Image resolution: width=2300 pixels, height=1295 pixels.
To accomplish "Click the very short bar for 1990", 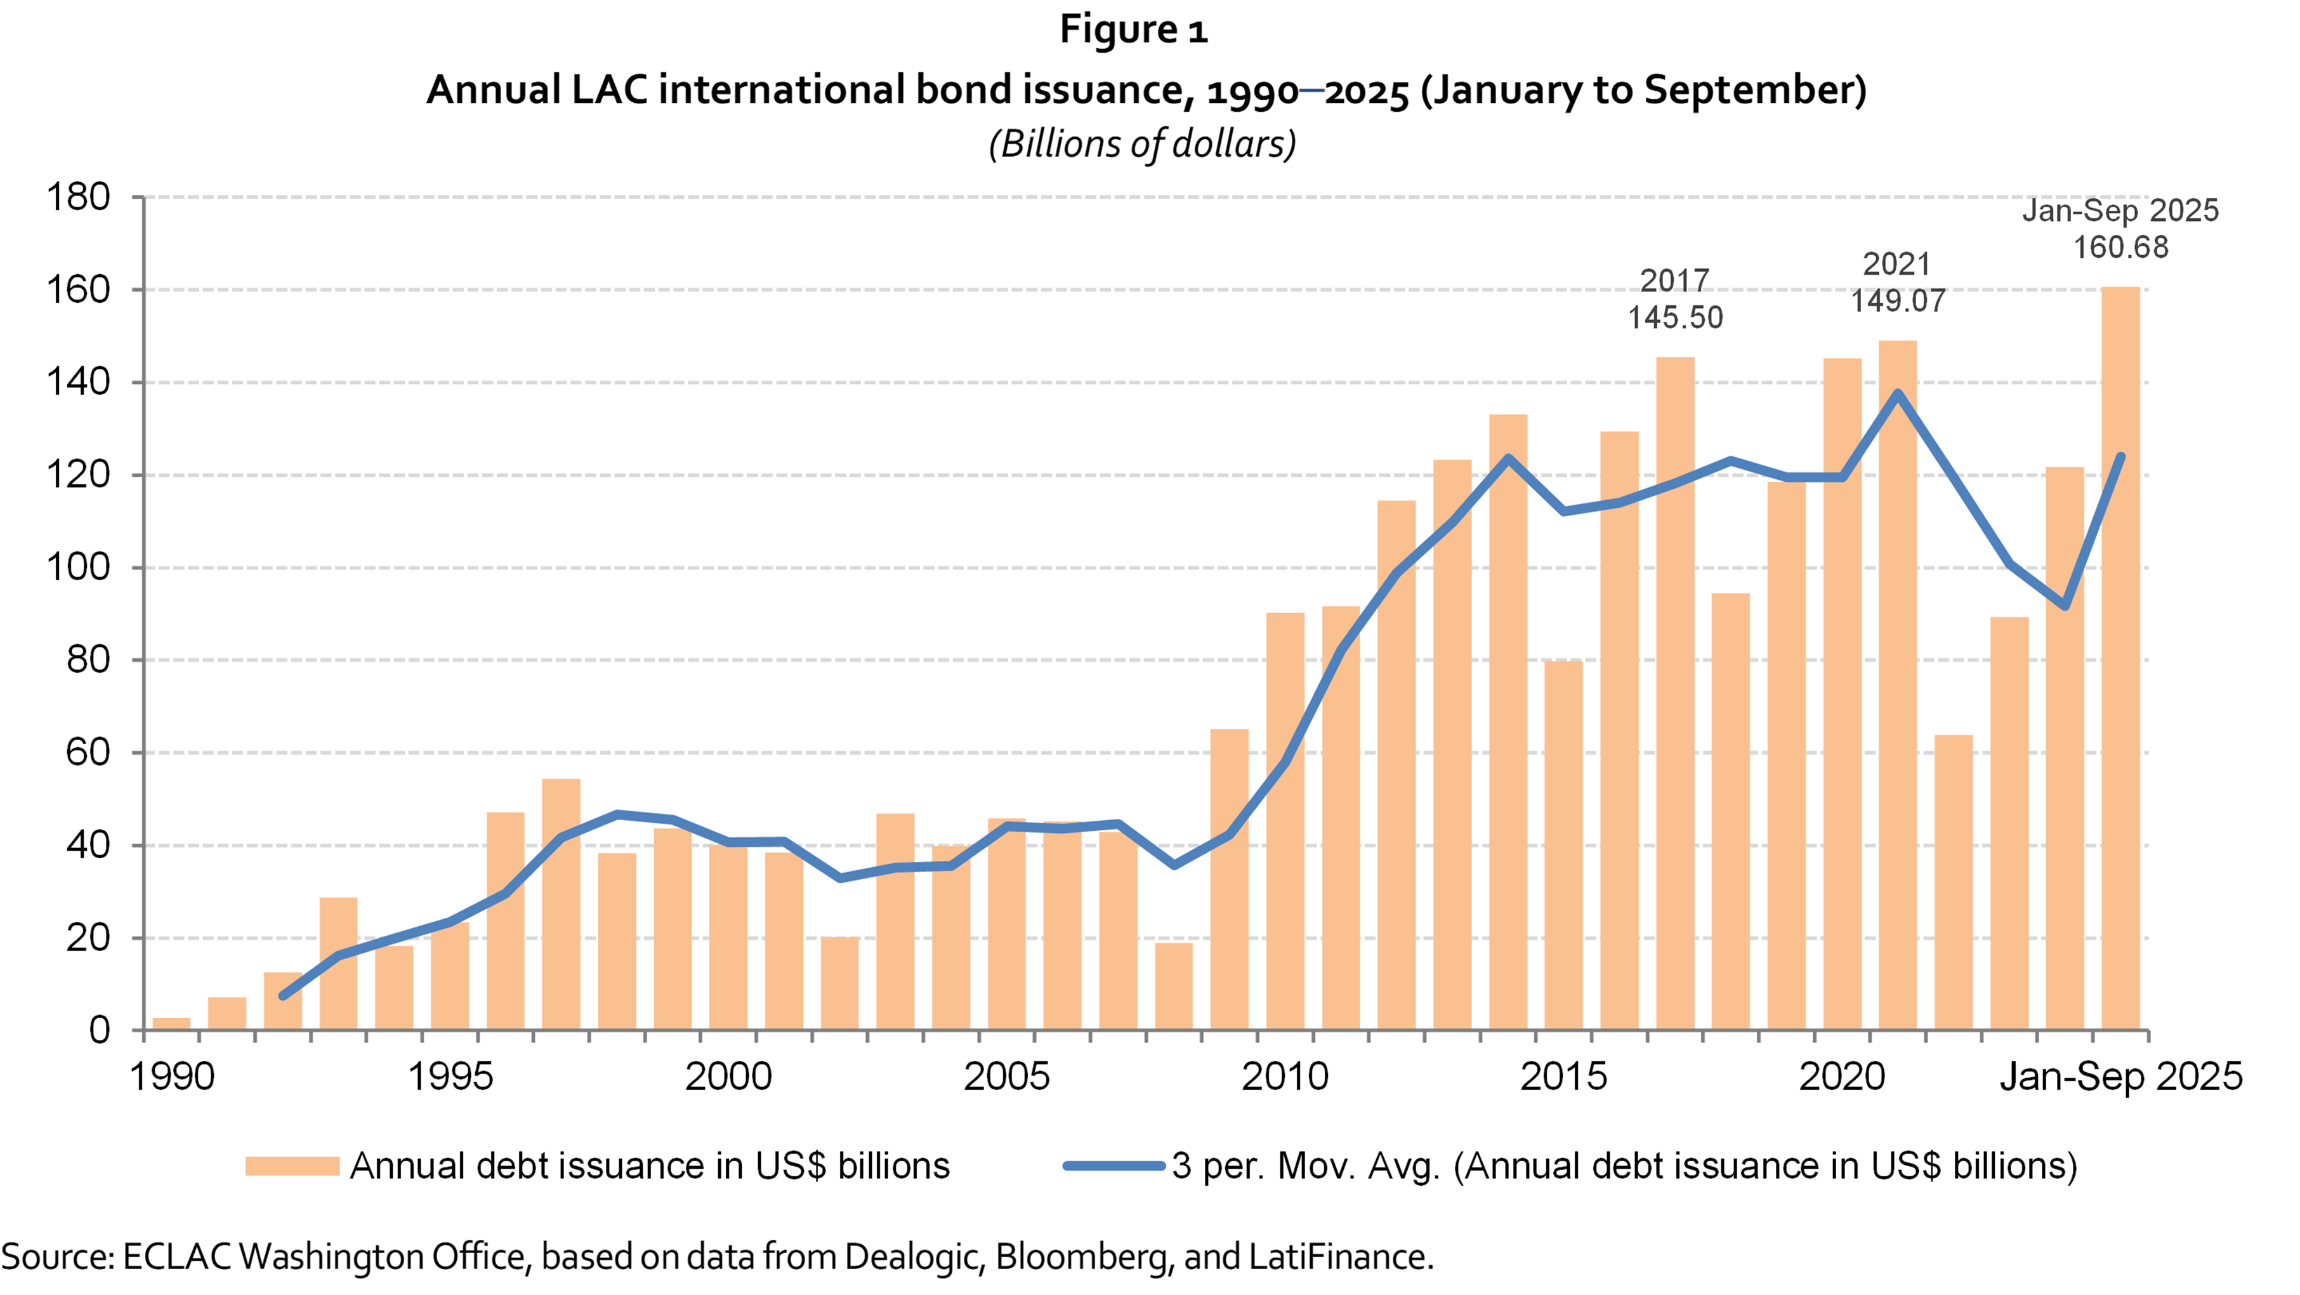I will click(171, 1023).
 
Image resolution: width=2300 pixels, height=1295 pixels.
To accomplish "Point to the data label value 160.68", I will click(2120, 248).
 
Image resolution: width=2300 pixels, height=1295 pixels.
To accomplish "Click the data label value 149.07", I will click(1897, 301).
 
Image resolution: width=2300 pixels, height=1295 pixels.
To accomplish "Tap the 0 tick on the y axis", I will click(99, 1031).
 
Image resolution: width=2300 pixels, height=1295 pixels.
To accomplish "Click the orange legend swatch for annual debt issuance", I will click(292, 1166).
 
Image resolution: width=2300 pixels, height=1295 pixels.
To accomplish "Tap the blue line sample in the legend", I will click(1114, 1166).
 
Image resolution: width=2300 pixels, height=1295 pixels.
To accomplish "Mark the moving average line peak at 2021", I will click(1897, 393).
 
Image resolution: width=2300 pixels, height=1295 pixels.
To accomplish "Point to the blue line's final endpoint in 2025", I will click(2120, 457).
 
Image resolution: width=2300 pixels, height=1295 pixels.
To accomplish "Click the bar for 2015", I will click(1563, 845).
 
